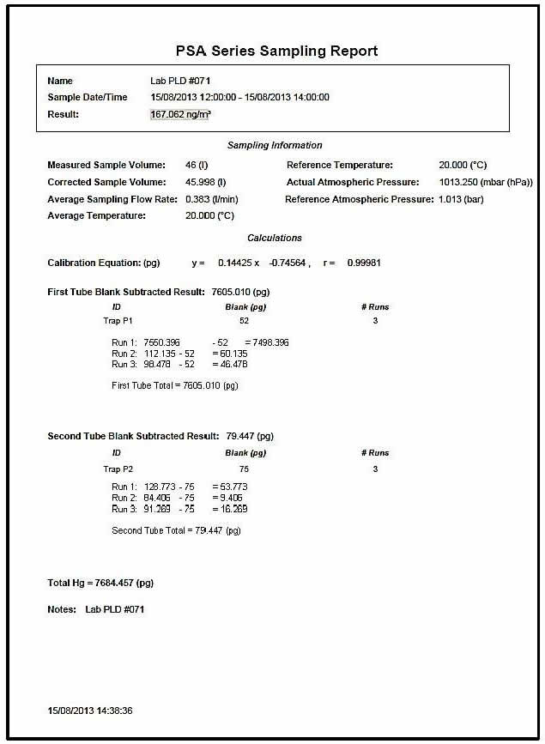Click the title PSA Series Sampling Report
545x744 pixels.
tap(272, 51)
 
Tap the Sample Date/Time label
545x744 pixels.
tap(88, 97)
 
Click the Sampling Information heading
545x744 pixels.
tap(275, 146)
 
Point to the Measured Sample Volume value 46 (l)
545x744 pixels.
tap(197, 165)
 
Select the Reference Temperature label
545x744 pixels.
tap(340, 165)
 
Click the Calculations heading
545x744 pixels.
tap(275, 238)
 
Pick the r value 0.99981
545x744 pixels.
tap(364, 263)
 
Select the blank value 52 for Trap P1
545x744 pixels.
tap(245, 321)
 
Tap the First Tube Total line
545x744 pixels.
tap(175, 385)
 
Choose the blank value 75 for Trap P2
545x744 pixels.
tap(245, 469)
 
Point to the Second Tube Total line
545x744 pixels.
tap(177, 530)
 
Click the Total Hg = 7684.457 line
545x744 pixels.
tap(100, 584)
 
